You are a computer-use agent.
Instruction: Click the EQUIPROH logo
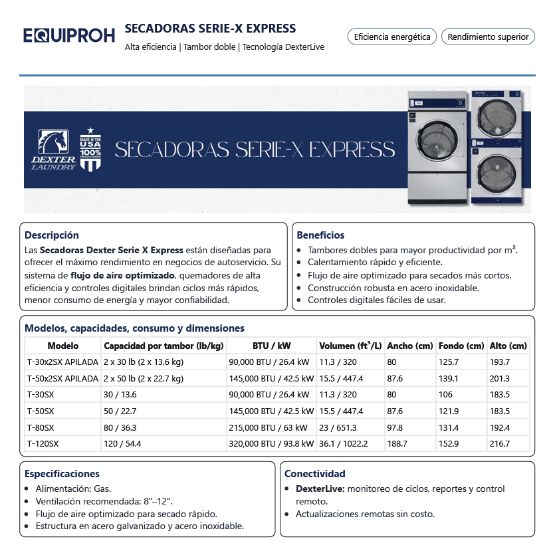point(69,36)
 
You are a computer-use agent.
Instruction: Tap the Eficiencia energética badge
point(392,37)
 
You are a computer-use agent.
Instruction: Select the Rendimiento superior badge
point(488,37)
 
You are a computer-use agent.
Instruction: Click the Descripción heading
point(52,235)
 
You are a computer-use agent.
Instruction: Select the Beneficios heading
point(320,235)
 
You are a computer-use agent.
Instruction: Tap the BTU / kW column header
point(271,346)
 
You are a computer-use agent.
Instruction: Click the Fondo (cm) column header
point(461,346)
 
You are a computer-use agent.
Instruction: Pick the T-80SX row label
point(41,427)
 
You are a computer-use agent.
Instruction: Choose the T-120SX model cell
point(43,443)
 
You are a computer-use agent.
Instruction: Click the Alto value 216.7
point(499,443)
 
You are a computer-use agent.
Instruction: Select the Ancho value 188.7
point(397,443)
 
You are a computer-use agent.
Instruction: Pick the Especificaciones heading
point(62,474)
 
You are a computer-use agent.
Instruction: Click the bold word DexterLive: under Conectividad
point(320,489)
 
